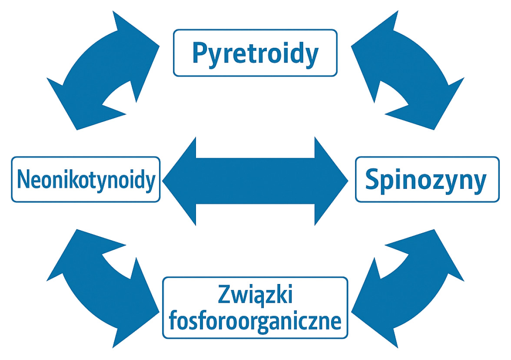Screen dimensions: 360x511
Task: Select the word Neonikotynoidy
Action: (86, 180)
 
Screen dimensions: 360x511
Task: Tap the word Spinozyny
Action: (425, 180)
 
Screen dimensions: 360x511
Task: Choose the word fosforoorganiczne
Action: (255, 321)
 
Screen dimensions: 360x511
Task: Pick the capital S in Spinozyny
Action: (372, 180)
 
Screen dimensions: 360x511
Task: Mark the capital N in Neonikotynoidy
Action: (23, 180)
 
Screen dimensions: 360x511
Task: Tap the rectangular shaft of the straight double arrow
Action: (255, 181)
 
